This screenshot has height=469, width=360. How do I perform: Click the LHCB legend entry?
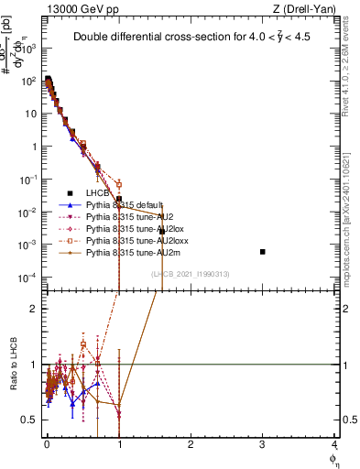98,193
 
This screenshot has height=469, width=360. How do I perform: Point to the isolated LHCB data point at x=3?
263,251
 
